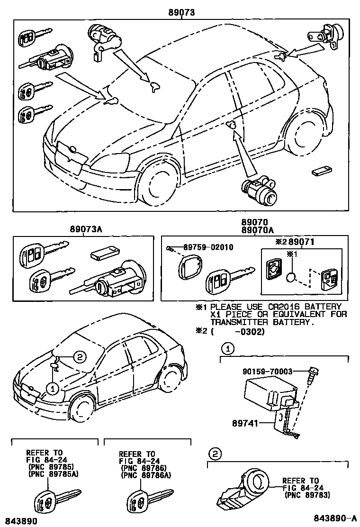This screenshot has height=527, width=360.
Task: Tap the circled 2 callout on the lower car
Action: (80, 357)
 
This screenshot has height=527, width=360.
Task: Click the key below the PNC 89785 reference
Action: (47, 500)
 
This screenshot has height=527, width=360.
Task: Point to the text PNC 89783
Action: (308, 495)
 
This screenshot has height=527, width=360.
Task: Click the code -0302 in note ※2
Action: (248, 331)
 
